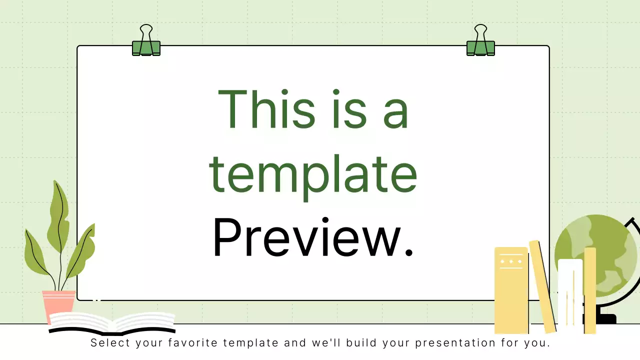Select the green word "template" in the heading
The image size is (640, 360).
pyautogui.click(x=313, y=175)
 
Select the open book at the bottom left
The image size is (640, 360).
pyautogui.click(x=112, y=322)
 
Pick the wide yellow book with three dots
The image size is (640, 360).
pyautogui.click(x=511, y=290)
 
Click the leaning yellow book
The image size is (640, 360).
pyautogui.click(x=542, y=287)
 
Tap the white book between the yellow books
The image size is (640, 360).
pyautogui.click(x=570, y=295)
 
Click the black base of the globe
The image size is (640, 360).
pyautogui.click(x=606, y=318)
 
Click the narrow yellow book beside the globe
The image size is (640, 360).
pyautogui.click(x=590, y=290)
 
